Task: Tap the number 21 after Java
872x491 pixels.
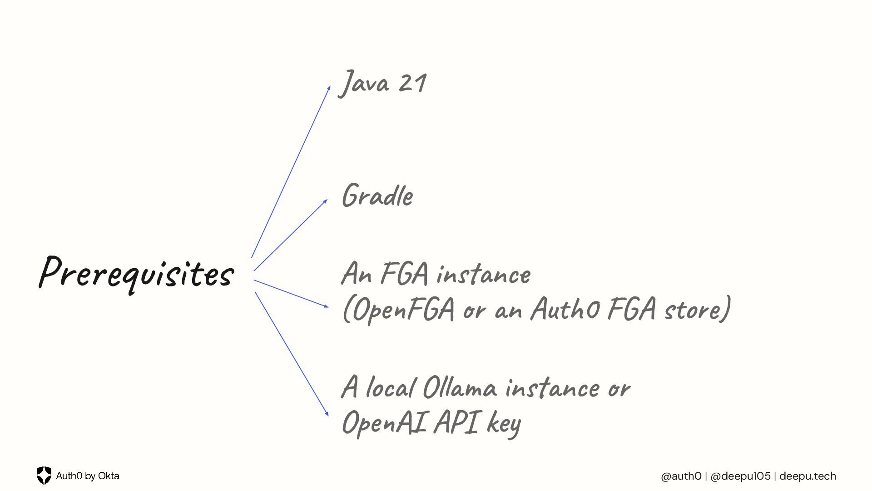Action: pos(412,83)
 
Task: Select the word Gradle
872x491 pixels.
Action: pos(377,196)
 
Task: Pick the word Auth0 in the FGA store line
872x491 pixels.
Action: pos(565,309)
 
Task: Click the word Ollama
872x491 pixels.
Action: pos(460,388)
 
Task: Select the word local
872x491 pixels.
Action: pos(391,388)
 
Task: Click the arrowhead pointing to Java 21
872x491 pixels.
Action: pos(329,88)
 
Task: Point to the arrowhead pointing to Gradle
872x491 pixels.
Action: pos(325,201)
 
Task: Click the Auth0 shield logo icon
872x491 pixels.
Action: pos(44,476)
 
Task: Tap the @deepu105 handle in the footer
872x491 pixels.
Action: pos(740,476)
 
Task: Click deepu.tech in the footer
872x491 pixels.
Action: pos(808,476)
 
